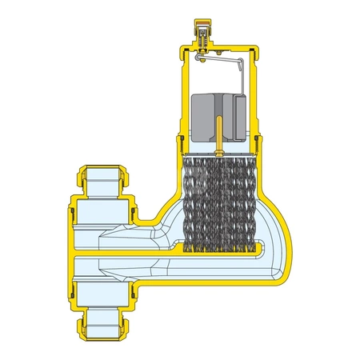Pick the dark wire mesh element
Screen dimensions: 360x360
pyautogui.click(x=217, y=203)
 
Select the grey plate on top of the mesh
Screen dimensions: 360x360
pyautogui.click(x=218, y=153)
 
